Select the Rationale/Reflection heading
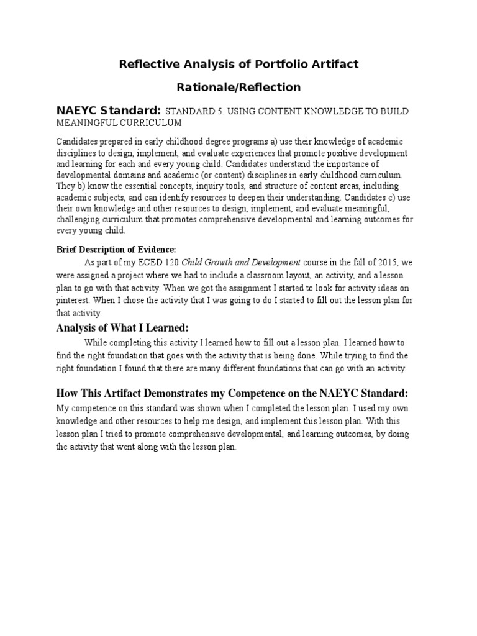coord(238,87)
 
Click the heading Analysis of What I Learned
coord(122,327)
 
